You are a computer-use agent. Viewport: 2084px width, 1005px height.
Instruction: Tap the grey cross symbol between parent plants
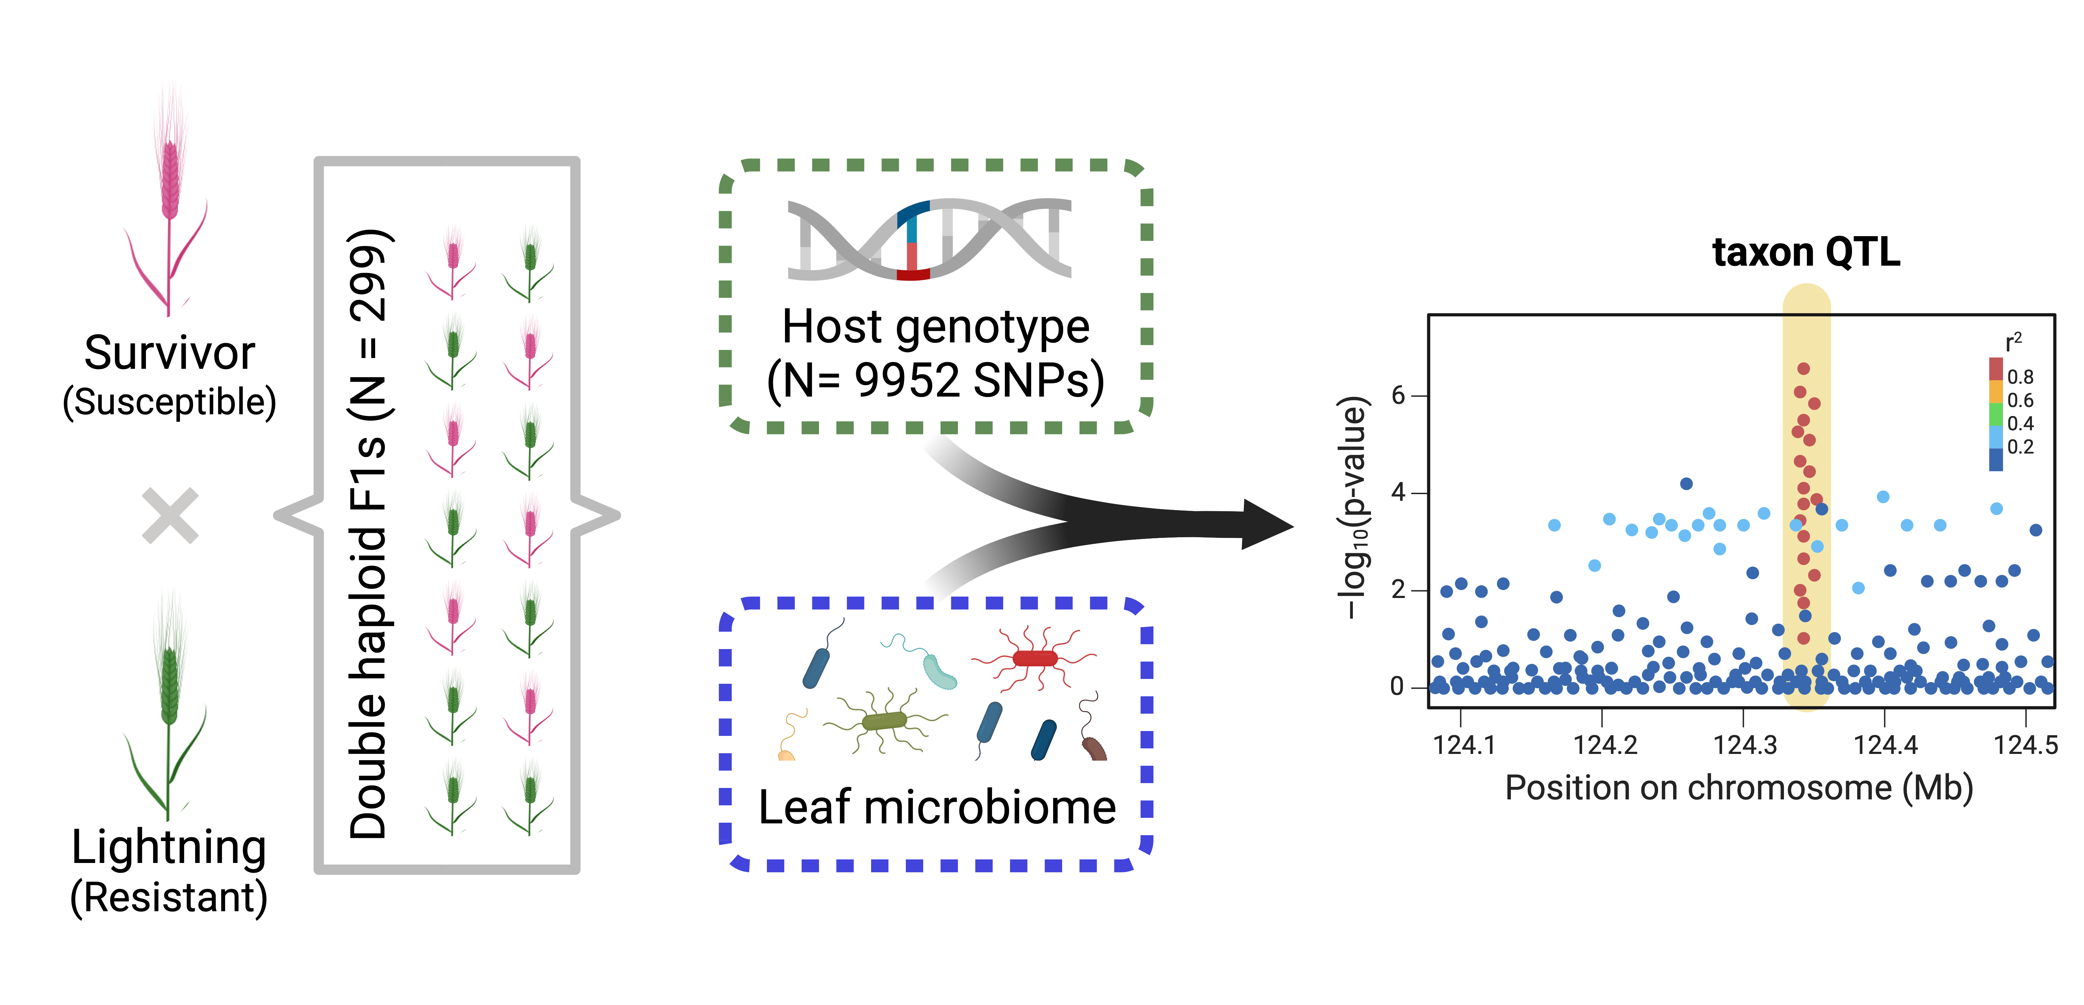point(170,515)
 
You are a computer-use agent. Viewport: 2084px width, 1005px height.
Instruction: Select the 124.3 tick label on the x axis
point(1745,745)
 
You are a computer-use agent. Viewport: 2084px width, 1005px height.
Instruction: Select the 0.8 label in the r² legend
point(2020,376)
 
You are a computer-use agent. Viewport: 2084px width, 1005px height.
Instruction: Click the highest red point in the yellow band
point(1803,369)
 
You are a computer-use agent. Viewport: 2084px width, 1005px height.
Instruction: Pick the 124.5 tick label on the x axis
point(2025,745)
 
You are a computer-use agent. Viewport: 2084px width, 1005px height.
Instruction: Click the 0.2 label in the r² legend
point(2020,447)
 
